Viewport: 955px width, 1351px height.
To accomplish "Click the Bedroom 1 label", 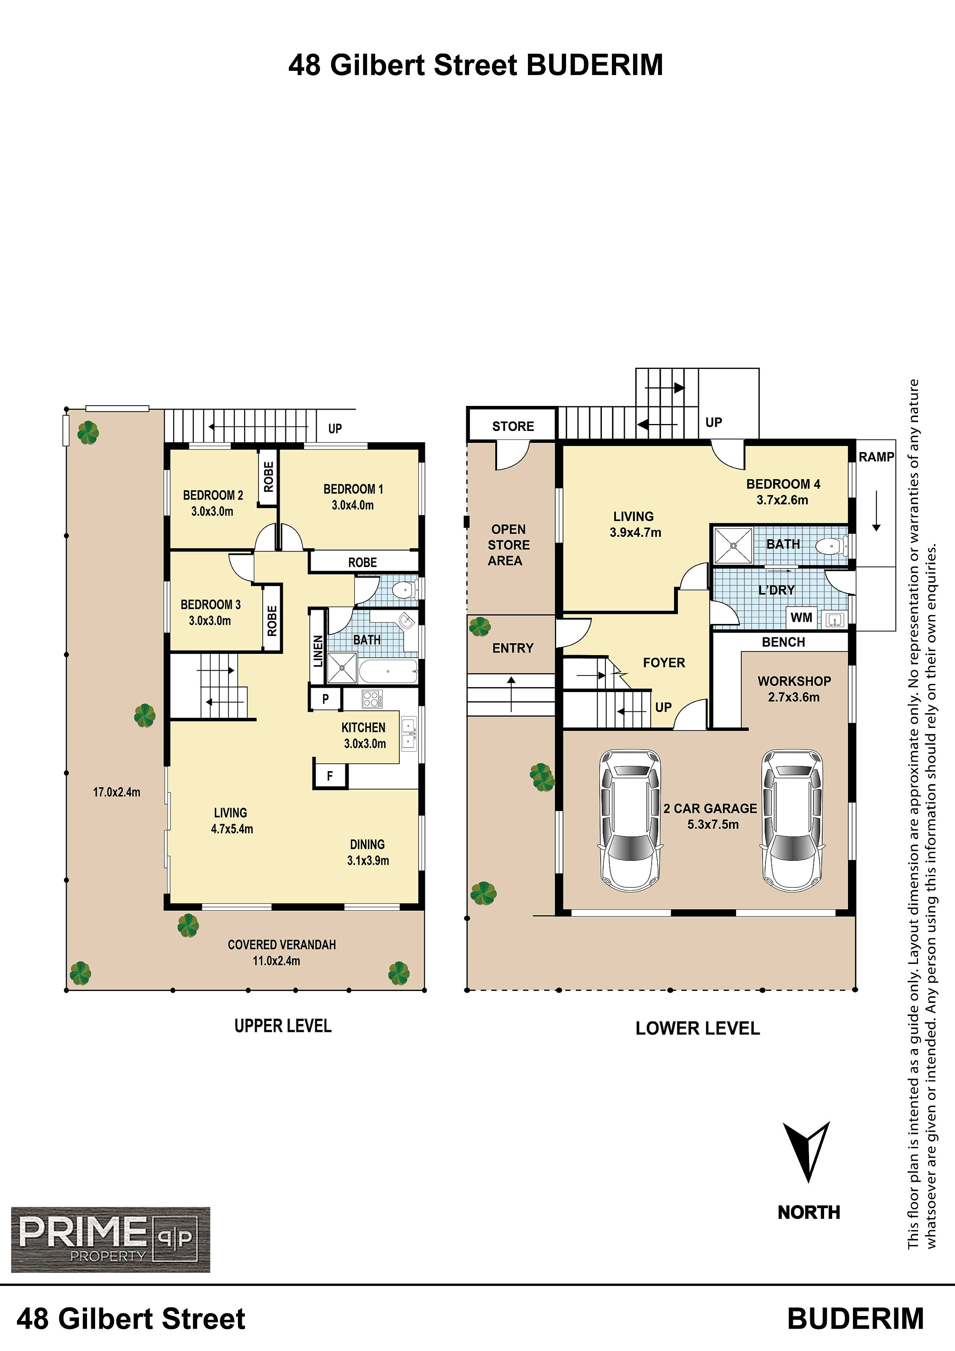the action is [353, 489].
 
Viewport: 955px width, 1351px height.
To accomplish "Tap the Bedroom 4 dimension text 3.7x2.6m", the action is [782, 500].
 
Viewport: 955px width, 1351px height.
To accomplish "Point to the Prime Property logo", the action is [111, 1239].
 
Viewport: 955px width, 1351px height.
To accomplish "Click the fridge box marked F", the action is [330, 776].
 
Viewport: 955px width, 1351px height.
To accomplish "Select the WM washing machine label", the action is [801, 617].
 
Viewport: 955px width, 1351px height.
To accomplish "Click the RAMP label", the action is [876, 457].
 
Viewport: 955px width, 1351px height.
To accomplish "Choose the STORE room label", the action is [513, 426].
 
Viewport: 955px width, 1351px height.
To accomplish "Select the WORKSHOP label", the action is [794, 681].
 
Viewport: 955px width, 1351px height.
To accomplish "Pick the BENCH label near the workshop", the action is [783, 642].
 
